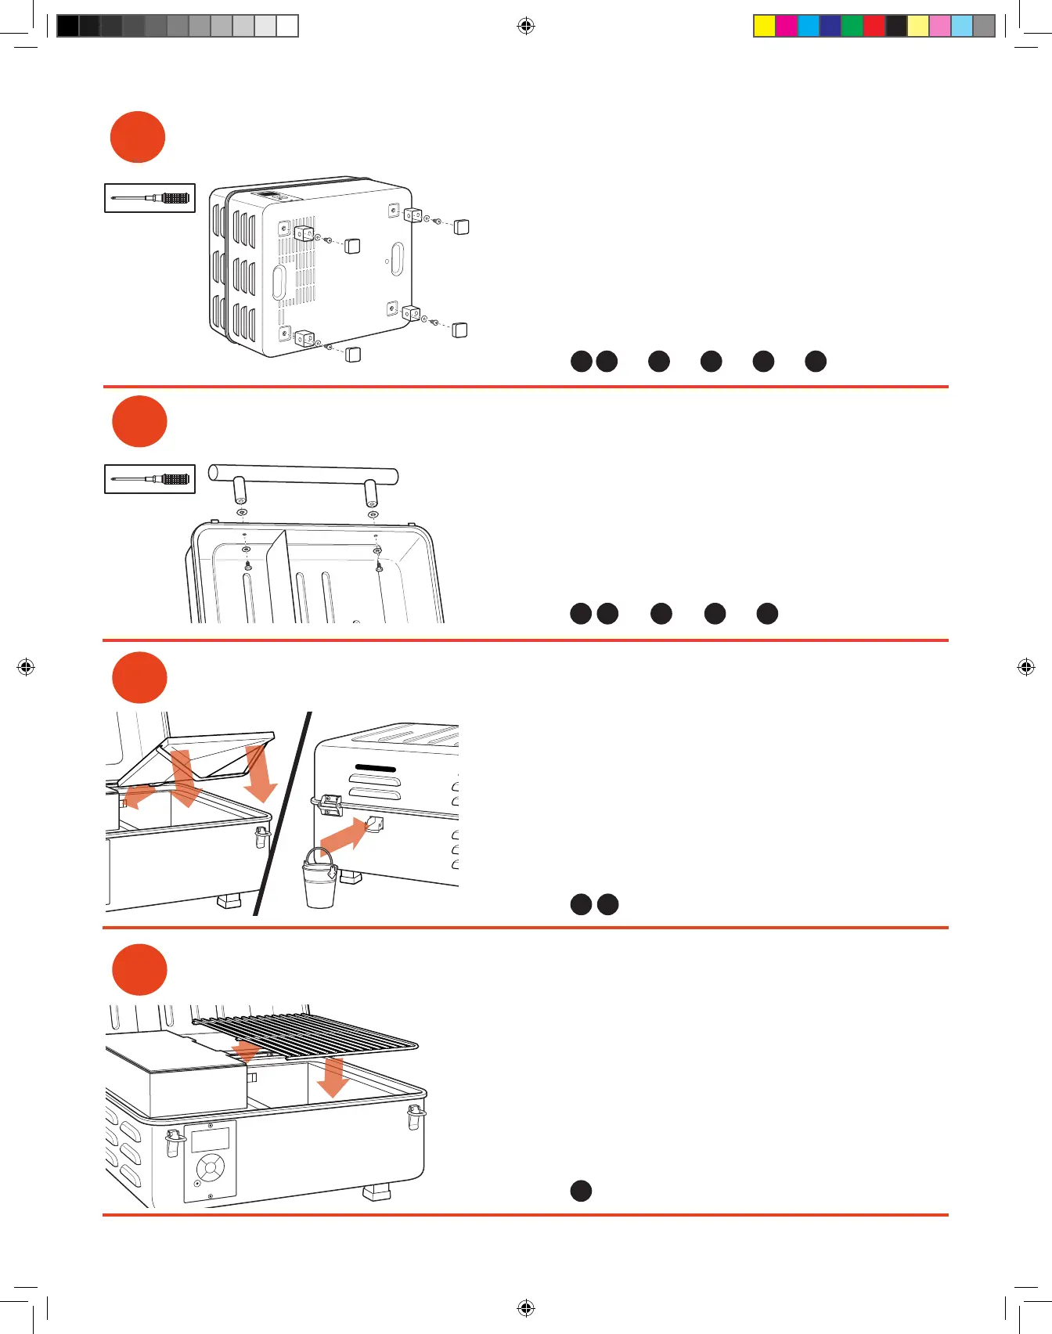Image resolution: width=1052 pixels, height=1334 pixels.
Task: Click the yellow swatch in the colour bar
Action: click(765, 26)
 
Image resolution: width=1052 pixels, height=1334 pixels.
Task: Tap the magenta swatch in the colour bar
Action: click(787, 26)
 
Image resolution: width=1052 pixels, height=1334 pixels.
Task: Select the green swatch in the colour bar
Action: click(852, 26)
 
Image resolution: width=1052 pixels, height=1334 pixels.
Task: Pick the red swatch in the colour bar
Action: click(874, 26)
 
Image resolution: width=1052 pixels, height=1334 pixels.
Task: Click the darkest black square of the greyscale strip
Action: click(68, 26)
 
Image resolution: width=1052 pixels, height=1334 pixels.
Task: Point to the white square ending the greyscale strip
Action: click(287, 26)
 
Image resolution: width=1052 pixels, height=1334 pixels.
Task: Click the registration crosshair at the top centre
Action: click(526, 27)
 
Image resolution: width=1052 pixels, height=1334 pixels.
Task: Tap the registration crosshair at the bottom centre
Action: click(526, 1308)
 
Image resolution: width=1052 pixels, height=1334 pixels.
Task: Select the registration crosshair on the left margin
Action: click(26, 667)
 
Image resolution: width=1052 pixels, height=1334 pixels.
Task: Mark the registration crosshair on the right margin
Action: click(1025, 667)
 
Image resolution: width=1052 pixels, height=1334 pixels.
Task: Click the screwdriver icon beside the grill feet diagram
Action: click(150, 198)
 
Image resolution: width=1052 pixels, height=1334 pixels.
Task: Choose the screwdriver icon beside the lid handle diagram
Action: click(150, 478)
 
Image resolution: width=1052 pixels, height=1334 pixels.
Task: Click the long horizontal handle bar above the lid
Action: click(303, 474)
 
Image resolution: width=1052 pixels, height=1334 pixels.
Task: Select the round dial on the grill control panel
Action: click(210, 1170)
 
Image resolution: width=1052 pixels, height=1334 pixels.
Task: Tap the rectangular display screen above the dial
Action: click(210, 1139)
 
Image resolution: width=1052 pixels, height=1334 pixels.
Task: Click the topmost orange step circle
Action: click(138, 137)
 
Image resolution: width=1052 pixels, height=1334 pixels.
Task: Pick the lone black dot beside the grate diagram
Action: click(581, 1191)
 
